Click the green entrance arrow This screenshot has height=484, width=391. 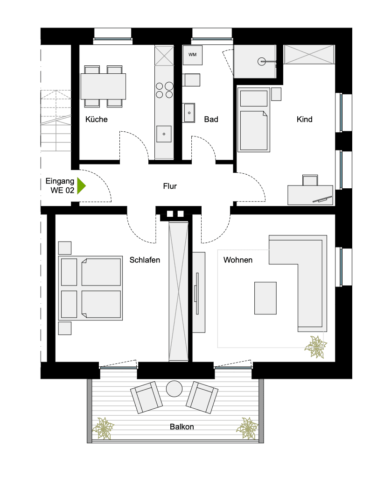pos(82,185)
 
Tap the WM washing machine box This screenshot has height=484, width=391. pos(192,55)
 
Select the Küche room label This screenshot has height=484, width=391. pos(97,120)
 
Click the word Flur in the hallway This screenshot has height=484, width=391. pos(170,186)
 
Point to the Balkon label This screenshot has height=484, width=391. pos(182,427)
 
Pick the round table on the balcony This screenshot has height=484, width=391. pos(175,388)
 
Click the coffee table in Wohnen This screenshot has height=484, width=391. pos(265,298)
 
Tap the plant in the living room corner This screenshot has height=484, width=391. pos(316,347)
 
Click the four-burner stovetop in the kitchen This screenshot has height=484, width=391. pos(164,90)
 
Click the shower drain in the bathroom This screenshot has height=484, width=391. pos(261,61)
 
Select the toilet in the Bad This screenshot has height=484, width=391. pos(192,80)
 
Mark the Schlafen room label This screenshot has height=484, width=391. pos(145,260)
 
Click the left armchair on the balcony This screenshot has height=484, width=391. pos(147,397)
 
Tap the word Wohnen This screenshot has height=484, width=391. pos(238,260)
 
